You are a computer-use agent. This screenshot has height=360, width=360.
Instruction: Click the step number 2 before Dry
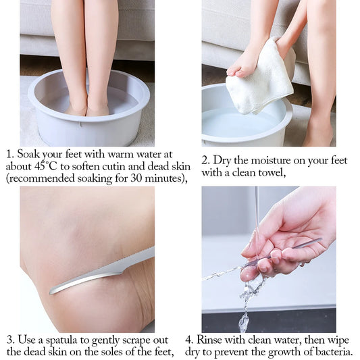(x=205, y=160)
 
